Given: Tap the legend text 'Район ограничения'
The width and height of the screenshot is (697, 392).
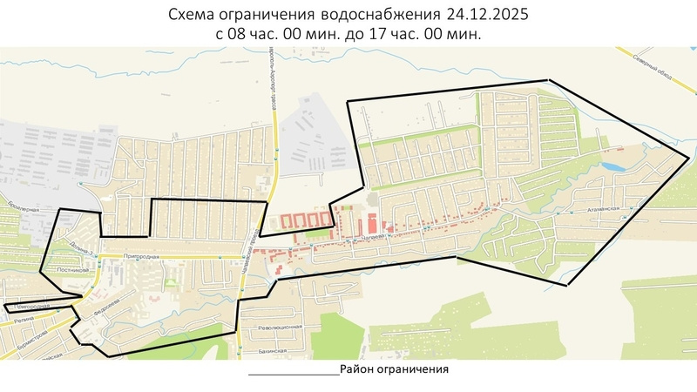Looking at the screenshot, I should pyautogui.click(x=394, y=369).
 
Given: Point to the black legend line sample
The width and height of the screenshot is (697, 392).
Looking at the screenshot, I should pyautogui.click(x=294, y=374).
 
